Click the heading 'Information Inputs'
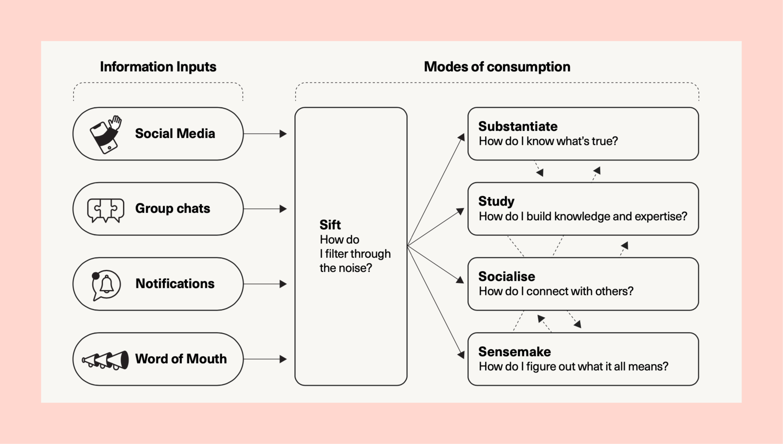[x=158, y=67]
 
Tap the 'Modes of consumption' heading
[x=497, y=67]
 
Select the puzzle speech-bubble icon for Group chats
[x=106, y=210]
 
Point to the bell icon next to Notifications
[x=106, y=284]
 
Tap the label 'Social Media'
[x=175, y=134]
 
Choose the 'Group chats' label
[x=173, y=208]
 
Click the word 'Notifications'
[x=175, y=284]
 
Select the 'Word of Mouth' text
[x=181, y=359]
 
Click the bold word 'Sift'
[x=330, y=225]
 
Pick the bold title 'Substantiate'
[x=518, y=126]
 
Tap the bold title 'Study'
[x=496, y=201]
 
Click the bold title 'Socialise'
[x=507, y=277]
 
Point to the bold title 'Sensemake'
[x=515, y=352]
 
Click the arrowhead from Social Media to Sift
[x=283, y=134]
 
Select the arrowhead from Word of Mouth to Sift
[x=283, y=359]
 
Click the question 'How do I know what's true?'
[x=548, y=141]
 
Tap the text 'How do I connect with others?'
[x=556, y=292]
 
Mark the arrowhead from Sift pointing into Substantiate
[x=461, y=137]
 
